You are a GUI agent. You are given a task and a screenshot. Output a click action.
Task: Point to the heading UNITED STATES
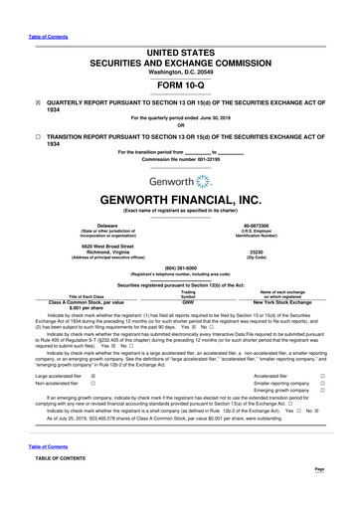point(179,22)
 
